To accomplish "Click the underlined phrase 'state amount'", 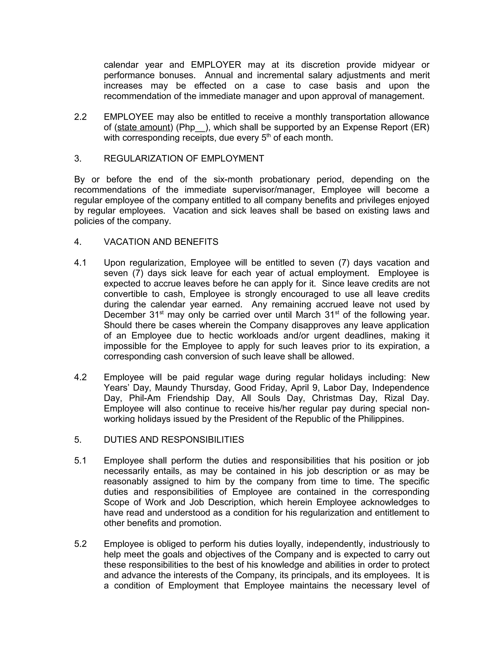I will tap(144, 127).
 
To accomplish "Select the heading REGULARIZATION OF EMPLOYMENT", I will tap(184, 158).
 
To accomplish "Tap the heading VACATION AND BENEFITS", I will tap(161, 242).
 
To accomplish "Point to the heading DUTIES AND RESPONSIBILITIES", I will tap(174, 440).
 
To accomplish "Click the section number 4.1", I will tap(80, 263).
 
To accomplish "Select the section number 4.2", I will tap(80, 377).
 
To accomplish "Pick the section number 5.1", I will tap(80, 461).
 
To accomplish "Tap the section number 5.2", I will tap(80, 544).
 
